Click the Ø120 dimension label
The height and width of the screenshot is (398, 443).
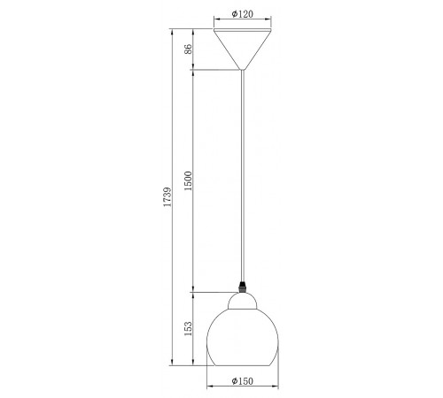[242, 14]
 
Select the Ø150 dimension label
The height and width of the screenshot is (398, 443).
[242, 381]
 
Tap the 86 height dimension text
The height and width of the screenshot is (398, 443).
[188, 49]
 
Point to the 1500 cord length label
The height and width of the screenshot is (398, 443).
[188, 180]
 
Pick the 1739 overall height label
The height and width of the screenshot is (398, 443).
[167, 196]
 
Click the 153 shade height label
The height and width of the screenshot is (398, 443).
[188, 328]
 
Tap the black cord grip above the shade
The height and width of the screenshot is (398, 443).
[243, 287]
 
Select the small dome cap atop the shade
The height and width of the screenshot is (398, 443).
[243, 301]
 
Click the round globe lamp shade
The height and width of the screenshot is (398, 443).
[243, 338]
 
